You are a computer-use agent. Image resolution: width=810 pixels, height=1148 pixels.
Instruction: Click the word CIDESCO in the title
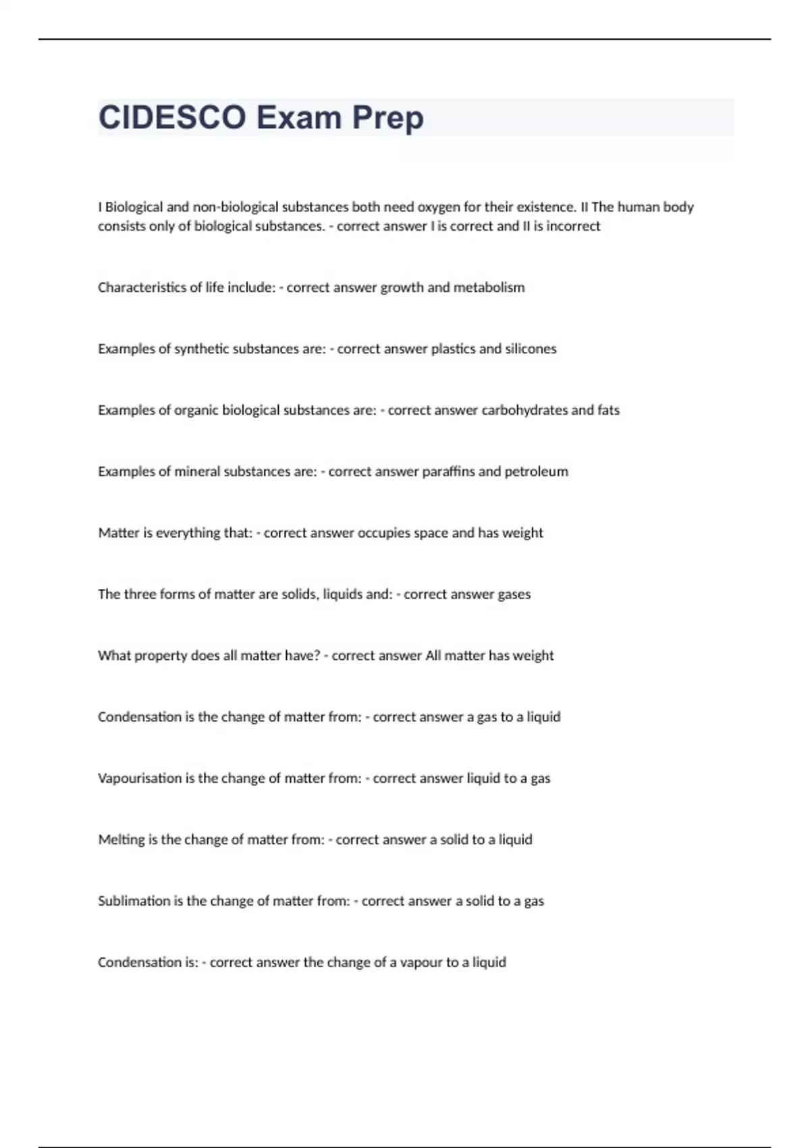pos(172,118)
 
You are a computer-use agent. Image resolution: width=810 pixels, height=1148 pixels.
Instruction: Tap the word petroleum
pos(536,471)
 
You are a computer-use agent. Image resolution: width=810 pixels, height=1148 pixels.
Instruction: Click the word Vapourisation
pos(140,779)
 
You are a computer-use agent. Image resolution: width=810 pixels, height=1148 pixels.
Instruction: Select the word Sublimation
pos(134,901)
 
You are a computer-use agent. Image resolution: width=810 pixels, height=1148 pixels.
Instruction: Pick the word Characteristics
pos(142,288)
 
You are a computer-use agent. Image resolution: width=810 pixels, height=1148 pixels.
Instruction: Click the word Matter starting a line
pos(119,533)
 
